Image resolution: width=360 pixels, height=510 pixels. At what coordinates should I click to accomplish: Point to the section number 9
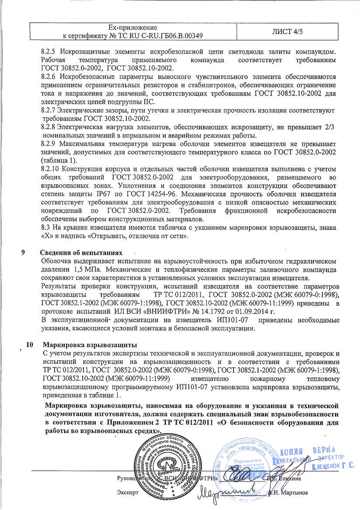[23, 253]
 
